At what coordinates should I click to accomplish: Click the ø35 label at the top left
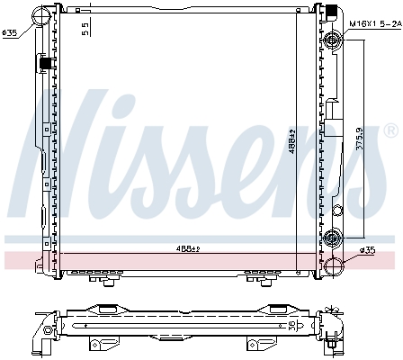10,34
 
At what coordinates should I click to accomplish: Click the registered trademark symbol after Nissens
389,131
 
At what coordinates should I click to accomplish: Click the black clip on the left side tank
42,64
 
